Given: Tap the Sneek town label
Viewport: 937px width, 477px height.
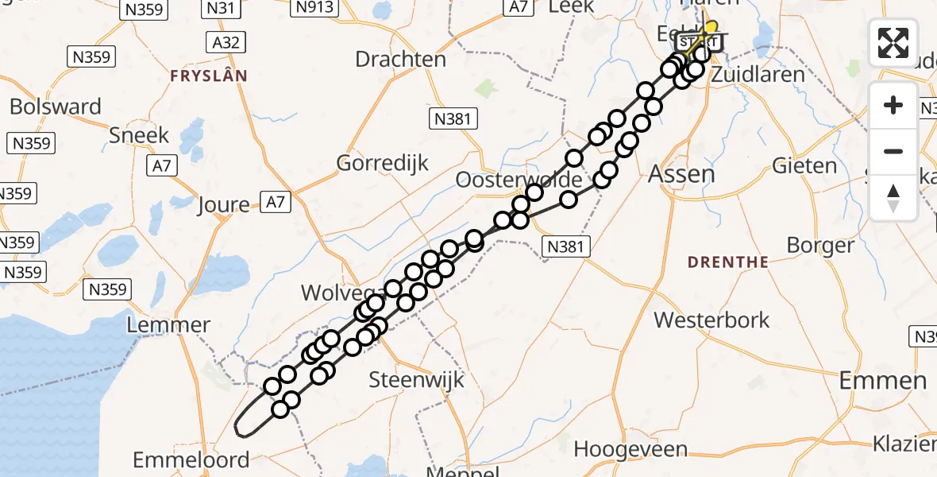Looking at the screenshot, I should pos(140,135).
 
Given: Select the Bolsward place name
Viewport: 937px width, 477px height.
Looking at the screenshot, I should pos(56,107).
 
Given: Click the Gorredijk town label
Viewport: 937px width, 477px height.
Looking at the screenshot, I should pos(383,164).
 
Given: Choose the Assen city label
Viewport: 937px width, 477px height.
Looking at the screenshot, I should pos(681,174).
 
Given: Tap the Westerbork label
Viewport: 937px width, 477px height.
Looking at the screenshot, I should pos(711,320).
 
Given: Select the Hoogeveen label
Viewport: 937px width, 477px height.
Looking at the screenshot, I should pos(630,449).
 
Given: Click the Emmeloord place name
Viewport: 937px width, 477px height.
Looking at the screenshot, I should pos(191,460).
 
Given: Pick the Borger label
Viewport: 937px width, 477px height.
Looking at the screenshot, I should pos(820,244).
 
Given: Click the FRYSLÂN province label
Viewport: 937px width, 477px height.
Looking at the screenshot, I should pos(208,76).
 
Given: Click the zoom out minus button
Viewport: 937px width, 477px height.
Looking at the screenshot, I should pos(893,151).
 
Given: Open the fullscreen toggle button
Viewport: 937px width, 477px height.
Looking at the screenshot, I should pos(893,43).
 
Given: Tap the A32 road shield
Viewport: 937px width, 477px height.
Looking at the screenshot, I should pos(226,42).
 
